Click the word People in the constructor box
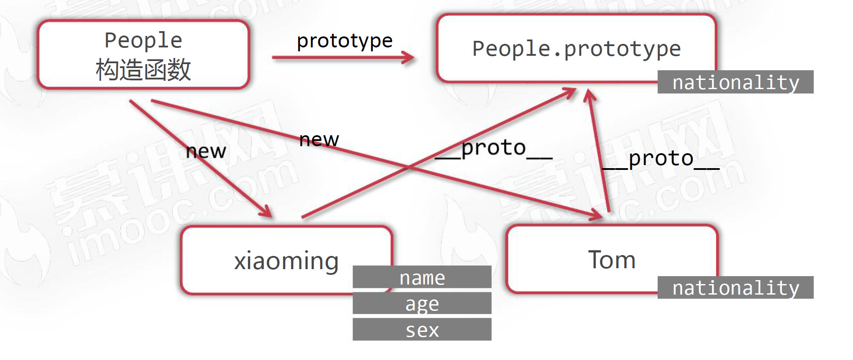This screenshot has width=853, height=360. [143, 40]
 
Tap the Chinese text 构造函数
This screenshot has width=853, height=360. [143, 69]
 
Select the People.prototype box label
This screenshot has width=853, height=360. [576, 48]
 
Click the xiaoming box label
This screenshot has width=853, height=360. [286, 261]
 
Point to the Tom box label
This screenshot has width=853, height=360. [612, 259]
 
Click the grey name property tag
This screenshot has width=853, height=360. [422, 277]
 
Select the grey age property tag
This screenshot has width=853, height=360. [422, 303]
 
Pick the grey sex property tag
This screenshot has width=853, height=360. [422, 330]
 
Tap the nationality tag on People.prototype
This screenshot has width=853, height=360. [735, 82]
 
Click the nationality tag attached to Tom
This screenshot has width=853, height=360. [735, 288]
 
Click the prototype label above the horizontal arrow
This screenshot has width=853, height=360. [345, 41]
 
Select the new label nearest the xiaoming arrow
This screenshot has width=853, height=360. [206, 151]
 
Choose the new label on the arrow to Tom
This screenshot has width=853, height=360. [319, 140]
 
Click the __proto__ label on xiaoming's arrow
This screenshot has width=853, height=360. [493, 148]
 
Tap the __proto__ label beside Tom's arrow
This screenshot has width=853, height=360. [661, 159]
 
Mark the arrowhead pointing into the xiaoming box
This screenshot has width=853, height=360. [266, 212]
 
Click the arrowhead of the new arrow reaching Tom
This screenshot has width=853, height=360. [597, 215]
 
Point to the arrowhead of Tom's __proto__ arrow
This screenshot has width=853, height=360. [590, 95]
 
